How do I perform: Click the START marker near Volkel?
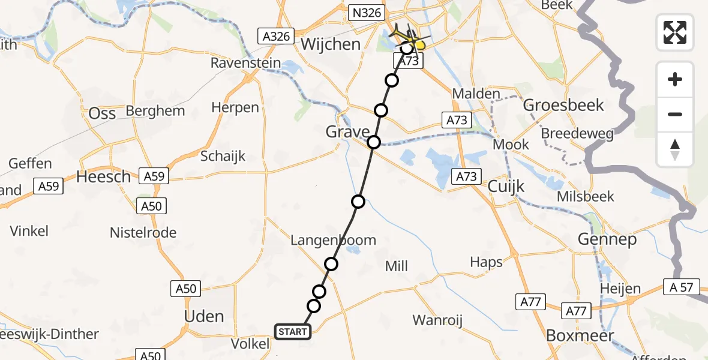coord(293,331)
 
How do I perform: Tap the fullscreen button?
coord(675,32)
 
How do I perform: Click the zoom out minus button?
coord(675,114)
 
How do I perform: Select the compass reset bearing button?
coord(675,149)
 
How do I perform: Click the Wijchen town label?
coord(331,44)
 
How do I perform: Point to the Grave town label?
coord(348,131)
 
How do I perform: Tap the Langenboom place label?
coord(333,240)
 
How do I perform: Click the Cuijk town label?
coord(506,186)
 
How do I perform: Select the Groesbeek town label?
coord(563,106)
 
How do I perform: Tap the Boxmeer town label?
coord(580,335)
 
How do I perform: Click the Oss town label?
coord(102,113)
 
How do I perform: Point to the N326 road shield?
coord(365,12)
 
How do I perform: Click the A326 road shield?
coord(277,36)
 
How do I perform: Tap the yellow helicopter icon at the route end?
coord(418,44)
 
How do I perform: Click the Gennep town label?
coord(606,239)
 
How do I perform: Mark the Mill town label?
coord(397,266)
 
